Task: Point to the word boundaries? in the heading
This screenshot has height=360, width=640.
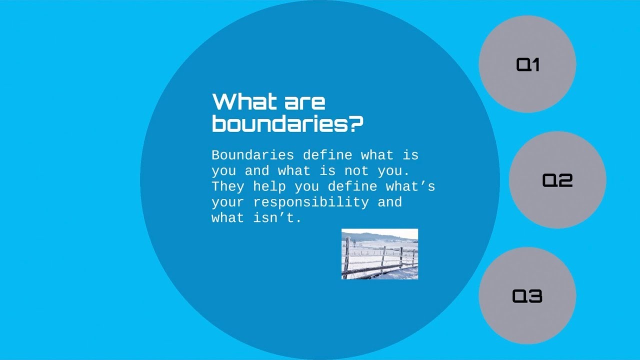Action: [x=287, y=124]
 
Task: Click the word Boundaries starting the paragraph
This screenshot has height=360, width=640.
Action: [x=252, y=155]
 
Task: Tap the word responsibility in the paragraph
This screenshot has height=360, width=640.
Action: [x=310, y=202]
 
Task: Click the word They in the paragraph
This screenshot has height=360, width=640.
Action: [x=228, y=186]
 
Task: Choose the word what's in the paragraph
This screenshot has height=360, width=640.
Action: [x=410, y=186]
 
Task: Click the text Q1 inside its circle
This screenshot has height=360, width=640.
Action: [x=527, y=64]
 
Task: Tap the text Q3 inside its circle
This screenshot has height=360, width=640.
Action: [x=527, y=296]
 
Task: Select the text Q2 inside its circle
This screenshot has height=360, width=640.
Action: [x=557, y=180]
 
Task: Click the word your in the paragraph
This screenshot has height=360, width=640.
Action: [x=228, y=202]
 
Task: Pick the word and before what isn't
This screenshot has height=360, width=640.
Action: [x=389, y=202]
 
